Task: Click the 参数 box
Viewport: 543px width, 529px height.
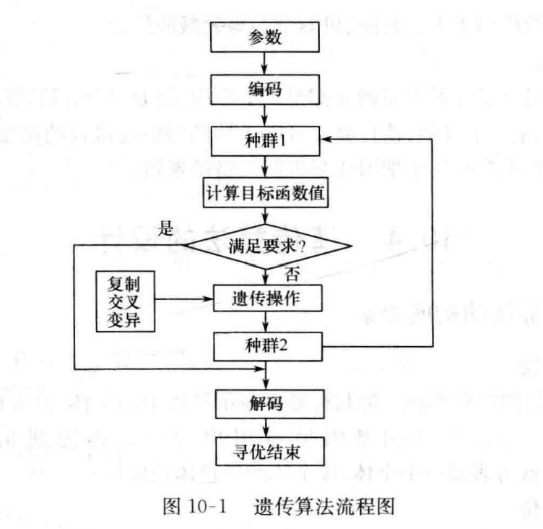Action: pos(266,38)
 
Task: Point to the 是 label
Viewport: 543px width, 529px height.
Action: pos(167,230)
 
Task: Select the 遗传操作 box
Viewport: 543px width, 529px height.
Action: pos(266,298)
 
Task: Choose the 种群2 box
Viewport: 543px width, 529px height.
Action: pos(266,345)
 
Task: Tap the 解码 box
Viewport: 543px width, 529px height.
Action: pos(266,402)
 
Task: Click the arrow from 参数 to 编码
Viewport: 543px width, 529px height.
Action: pos(267,63)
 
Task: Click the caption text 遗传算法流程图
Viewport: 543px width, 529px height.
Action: pos(325,507)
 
